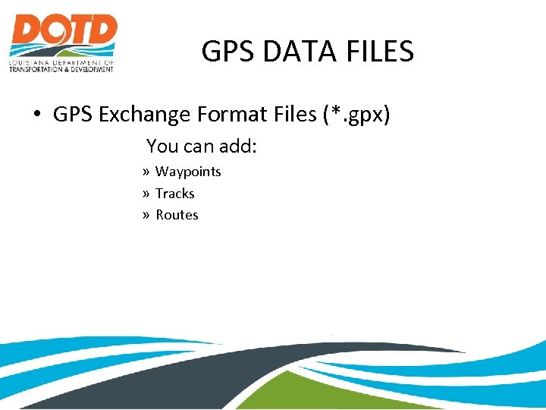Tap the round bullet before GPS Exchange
click(x=36, y=115)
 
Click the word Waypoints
click(x=188, y=172)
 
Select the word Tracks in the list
click(x=175, y=194)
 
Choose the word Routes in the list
click(x=177, y=215)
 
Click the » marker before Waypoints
click(x=146, y=172)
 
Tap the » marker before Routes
click(x=146, y=216)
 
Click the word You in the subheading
click(x=161, y=146)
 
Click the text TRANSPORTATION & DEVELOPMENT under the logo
click(x=61, y=69)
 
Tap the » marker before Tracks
click(x=146, y=194)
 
